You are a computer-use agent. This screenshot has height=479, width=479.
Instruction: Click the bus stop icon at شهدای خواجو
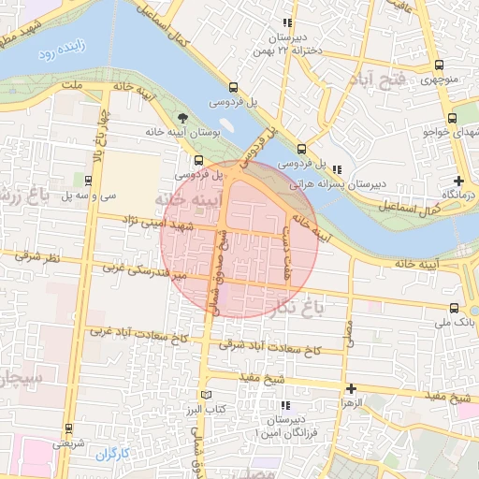coord(453,118)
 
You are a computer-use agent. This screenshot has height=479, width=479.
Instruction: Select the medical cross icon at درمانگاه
coord(457,181)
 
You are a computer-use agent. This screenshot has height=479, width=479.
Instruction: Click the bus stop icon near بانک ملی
coord(454,307)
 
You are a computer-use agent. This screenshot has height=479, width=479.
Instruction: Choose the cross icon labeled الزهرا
coord(351,388)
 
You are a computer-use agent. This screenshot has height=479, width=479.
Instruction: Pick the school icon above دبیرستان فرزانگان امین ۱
coord(286,406)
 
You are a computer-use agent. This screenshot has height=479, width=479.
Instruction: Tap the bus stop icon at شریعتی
coord(68,429)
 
